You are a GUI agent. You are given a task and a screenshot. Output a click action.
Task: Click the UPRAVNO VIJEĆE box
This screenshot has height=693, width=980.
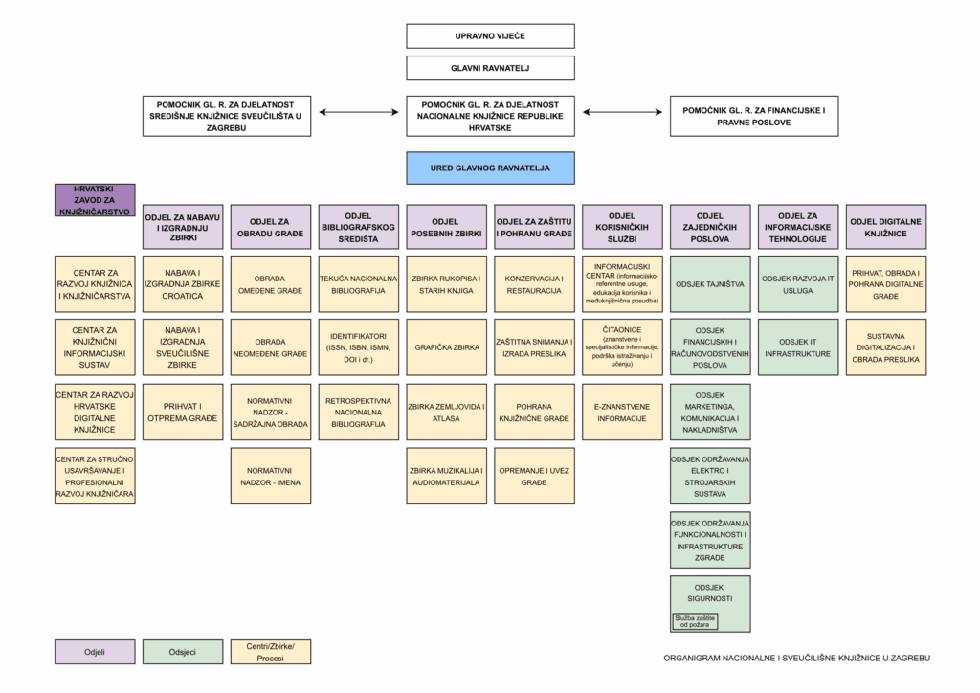[x=490, y=36]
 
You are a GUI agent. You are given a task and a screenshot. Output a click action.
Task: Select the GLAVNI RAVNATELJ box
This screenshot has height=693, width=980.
[x=490, y=68]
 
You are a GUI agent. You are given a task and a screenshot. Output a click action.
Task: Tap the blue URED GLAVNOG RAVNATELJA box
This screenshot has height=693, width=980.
[x=490, y=168]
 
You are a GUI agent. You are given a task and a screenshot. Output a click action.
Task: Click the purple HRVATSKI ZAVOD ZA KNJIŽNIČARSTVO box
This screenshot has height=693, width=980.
[x=95, y=200]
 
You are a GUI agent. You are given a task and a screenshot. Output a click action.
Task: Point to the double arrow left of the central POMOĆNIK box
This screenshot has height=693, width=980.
[x=359, y=112]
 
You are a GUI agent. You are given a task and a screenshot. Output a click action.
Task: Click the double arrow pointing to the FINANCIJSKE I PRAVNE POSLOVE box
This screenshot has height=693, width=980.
[x=622, y=112]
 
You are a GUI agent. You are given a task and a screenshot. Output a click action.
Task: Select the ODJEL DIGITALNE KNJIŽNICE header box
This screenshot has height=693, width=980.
[x=885, y=227]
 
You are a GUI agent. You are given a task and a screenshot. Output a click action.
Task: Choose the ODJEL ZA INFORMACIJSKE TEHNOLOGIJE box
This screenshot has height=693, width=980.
[x=798, y=227]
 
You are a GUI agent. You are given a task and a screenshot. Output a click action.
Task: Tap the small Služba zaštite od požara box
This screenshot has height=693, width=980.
[x=695, y=621]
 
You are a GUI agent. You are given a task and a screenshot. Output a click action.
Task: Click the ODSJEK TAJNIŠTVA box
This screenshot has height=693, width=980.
[x=710, y=284]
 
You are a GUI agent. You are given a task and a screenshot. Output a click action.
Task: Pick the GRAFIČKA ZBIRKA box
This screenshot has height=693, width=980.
[x=446, y=347]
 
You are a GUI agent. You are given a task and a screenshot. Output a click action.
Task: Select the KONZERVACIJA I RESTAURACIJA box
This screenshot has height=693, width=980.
[x=534, y=284]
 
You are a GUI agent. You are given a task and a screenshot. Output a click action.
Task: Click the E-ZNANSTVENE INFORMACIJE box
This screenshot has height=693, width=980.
[x=622, y=412]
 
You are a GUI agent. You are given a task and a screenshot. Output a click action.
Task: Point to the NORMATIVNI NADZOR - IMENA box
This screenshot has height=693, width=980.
[x=271, y=476]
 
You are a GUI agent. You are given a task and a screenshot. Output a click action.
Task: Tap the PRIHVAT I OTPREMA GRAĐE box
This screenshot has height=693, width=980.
[x=183, y=412]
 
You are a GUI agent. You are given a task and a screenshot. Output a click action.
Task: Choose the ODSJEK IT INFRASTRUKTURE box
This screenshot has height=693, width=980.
[x=798, y=347]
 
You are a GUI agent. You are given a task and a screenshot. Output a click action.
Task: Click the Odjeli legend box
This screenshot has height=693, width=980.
[x=95, y=652]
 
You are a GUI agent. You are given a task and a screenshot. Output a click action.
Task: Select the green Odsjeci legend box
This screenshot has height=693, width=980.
[x=183, y=652]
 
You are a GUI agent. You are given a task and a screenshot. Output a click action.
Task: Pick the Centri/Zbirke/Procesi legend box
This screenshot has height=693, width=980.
[x=271, y=652]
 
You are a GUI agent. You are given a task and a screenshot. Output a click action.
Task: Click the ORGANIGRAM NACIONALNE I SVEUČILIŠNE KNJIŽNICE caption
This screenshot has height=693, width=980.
[x=797, y=658]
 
